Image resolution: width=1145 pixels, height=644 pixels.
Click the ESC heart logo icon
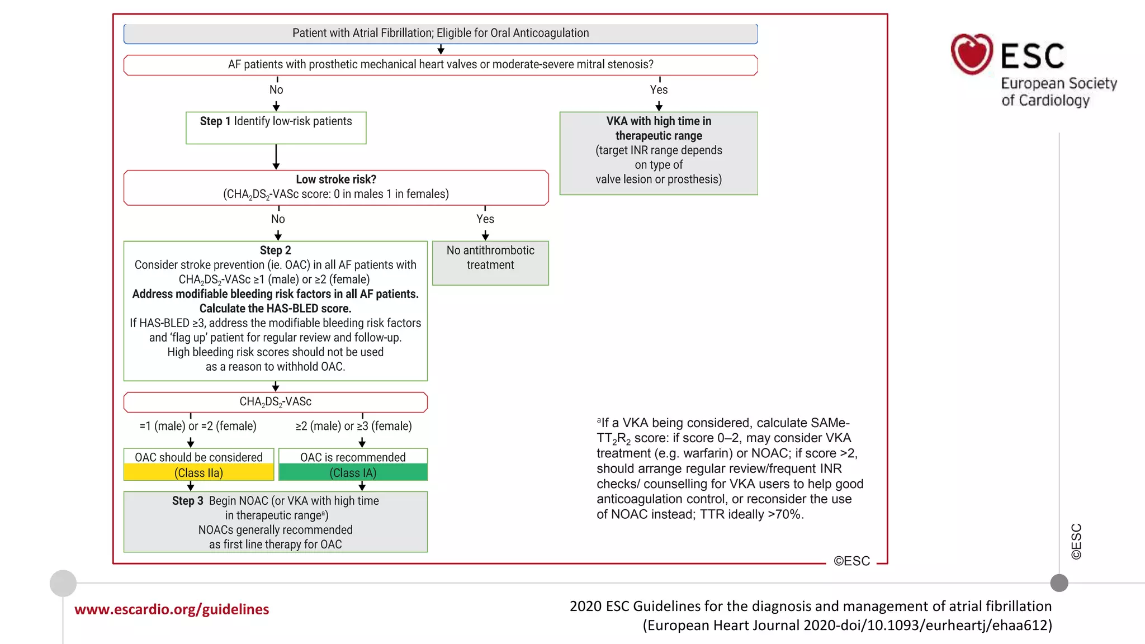coord(972,54)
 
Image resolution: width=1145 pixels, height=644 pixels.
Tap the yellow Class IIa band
coord(198,473)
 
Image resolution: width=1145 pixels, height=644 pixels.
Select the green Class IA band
coord(353,473)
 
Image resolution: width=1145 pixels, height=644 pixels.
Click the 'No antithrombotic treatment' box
coord(490,263)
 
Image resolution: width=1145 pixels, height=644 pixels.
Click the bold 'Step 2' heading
coord(275,250)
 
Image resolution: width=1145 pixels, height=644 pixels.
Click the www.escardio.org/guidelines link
coord(172,609)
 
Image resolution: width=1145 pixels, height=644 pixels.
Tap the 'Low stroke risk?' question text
coord(335,179)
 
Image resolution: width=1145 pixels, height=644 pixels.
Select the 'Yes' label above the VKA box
coord(659,89)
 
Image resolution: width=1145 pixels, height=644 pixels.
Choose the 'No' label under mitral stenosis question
coord(276,89)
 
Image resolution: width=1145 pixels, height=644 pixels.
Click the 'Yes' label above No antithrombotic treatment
coord(485,219)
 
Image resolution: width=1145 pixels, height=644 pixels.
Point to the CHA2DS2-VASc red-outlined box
coord(275,402)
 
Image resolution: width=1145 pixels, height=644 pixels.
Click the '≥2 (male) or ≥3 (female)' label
coord(353,426)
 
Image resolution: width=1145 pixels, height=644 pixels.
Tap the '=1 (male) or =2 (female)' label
coord(198,426)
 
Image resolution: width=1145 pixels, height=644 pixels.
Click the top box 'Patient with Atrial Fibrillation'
coord(441,34)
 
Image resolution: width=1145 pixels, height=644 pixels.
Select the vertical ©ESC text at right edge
coord(1076,541)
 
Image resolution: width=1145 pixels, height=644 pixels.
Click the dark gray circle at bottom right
coord(1059,583)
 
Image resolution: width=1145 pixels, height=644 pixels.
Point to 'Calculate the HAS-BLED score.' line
coord(275,309)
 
